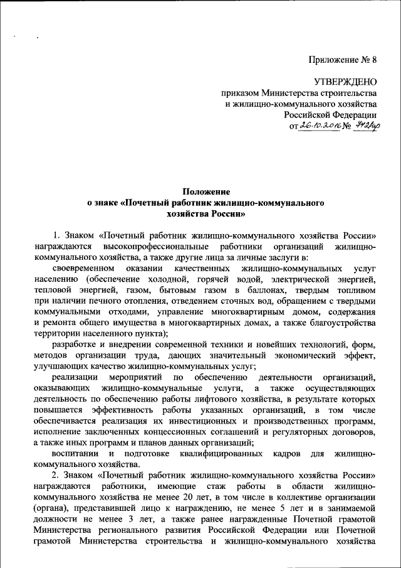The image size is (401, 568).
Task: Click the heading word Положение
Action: [206, 191]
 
